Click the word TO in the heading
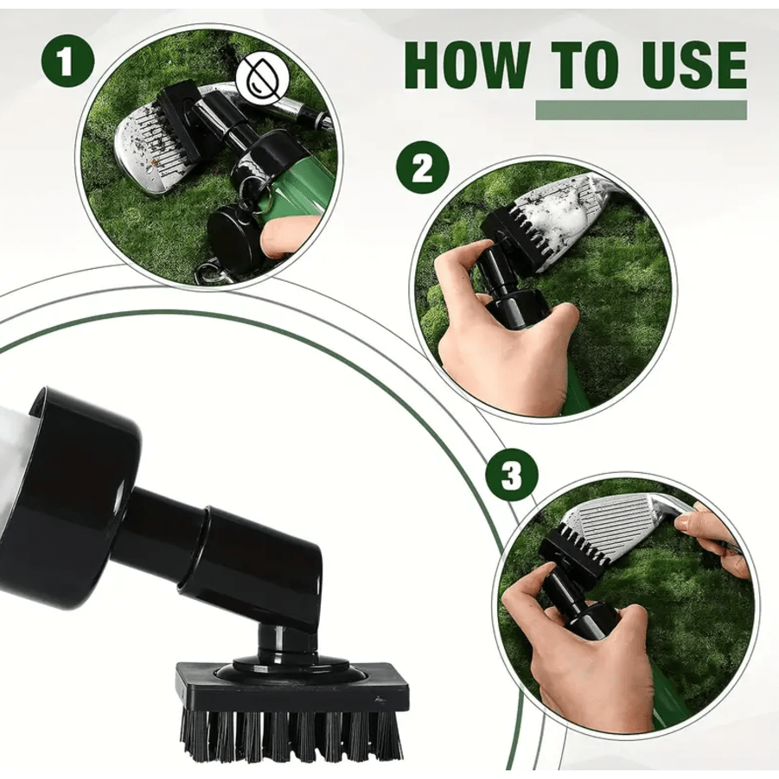pyautogui.click(x=580, y=65)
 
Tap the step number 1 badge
pyautogui.click(x=67, y=61)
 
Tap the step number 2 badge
pyautogui.click(x=422, y=169)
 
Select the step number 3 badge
pyautogui.click(x=512, y=476)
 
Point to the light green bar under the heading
pyautogui.click(x=641, y=110)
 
